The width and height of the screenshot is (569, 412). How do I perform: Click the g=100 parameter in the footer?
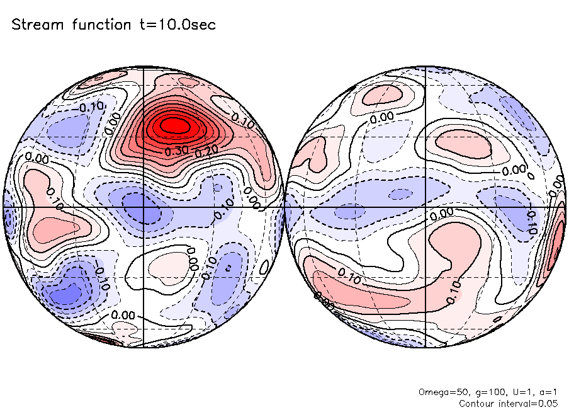pyautogui.click(x=480, y=392)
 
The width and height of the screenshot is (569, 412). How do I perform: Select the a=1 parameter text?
pyautogui.click(x=545, y=392)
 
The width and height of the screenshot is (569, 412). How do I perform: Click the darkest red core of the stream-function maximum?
pyautogui.click(x=174, y=125)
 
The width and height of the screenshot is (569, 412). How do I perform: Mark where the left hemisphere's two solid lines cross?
pyautogui.click(x=144, y=207)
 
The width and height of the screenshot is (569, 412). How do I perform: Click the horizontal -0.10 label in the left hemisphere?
pyautogui.click(x=91, y=106)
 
